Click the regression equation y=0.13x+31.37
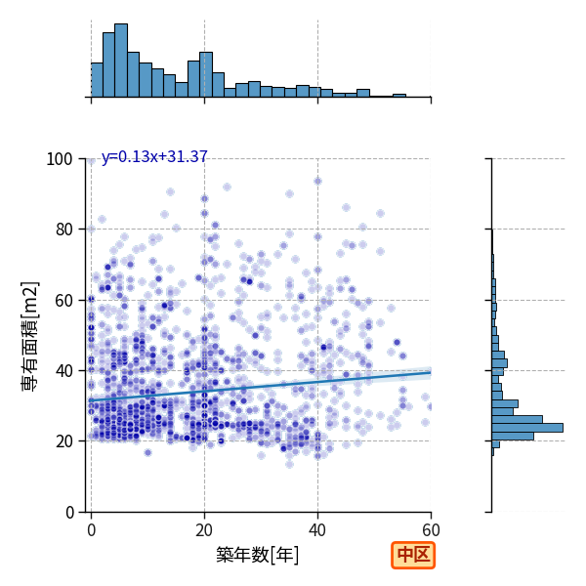(x=154, y=157)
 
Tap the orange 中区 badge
(x=413, y=556)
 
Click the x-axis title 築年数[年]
(x=257, y=555)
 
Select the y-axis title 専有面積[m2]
(x=30, y=336)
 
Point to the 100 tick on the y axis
(x=59, y=159)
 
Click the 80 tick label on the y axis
(x=63, y=230)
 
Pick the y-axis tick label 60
(x=63, y=301)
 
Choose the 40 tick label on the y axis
(x=63, y=371)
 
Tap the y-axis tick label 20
(x=63, y=441)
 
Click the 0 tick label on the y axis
(x=69, y=513)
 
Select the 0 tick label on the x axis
(x=91, y=530)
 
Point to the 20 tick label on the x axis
(x=204, y=530)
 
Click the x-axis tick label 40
(x=317, y=530)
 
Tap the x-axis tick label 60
(x=431, y=530)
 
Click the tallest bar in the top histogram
(x=121, y=61)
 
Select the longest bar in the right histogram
(x=527, y=428)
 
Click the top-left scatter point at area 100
(x=92, y=161)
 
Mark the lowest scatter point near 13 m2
(x=289, y=464)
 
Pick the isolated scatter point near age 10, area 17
(x=148, y=453)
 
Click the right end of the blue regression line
(x=431, y=372)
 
